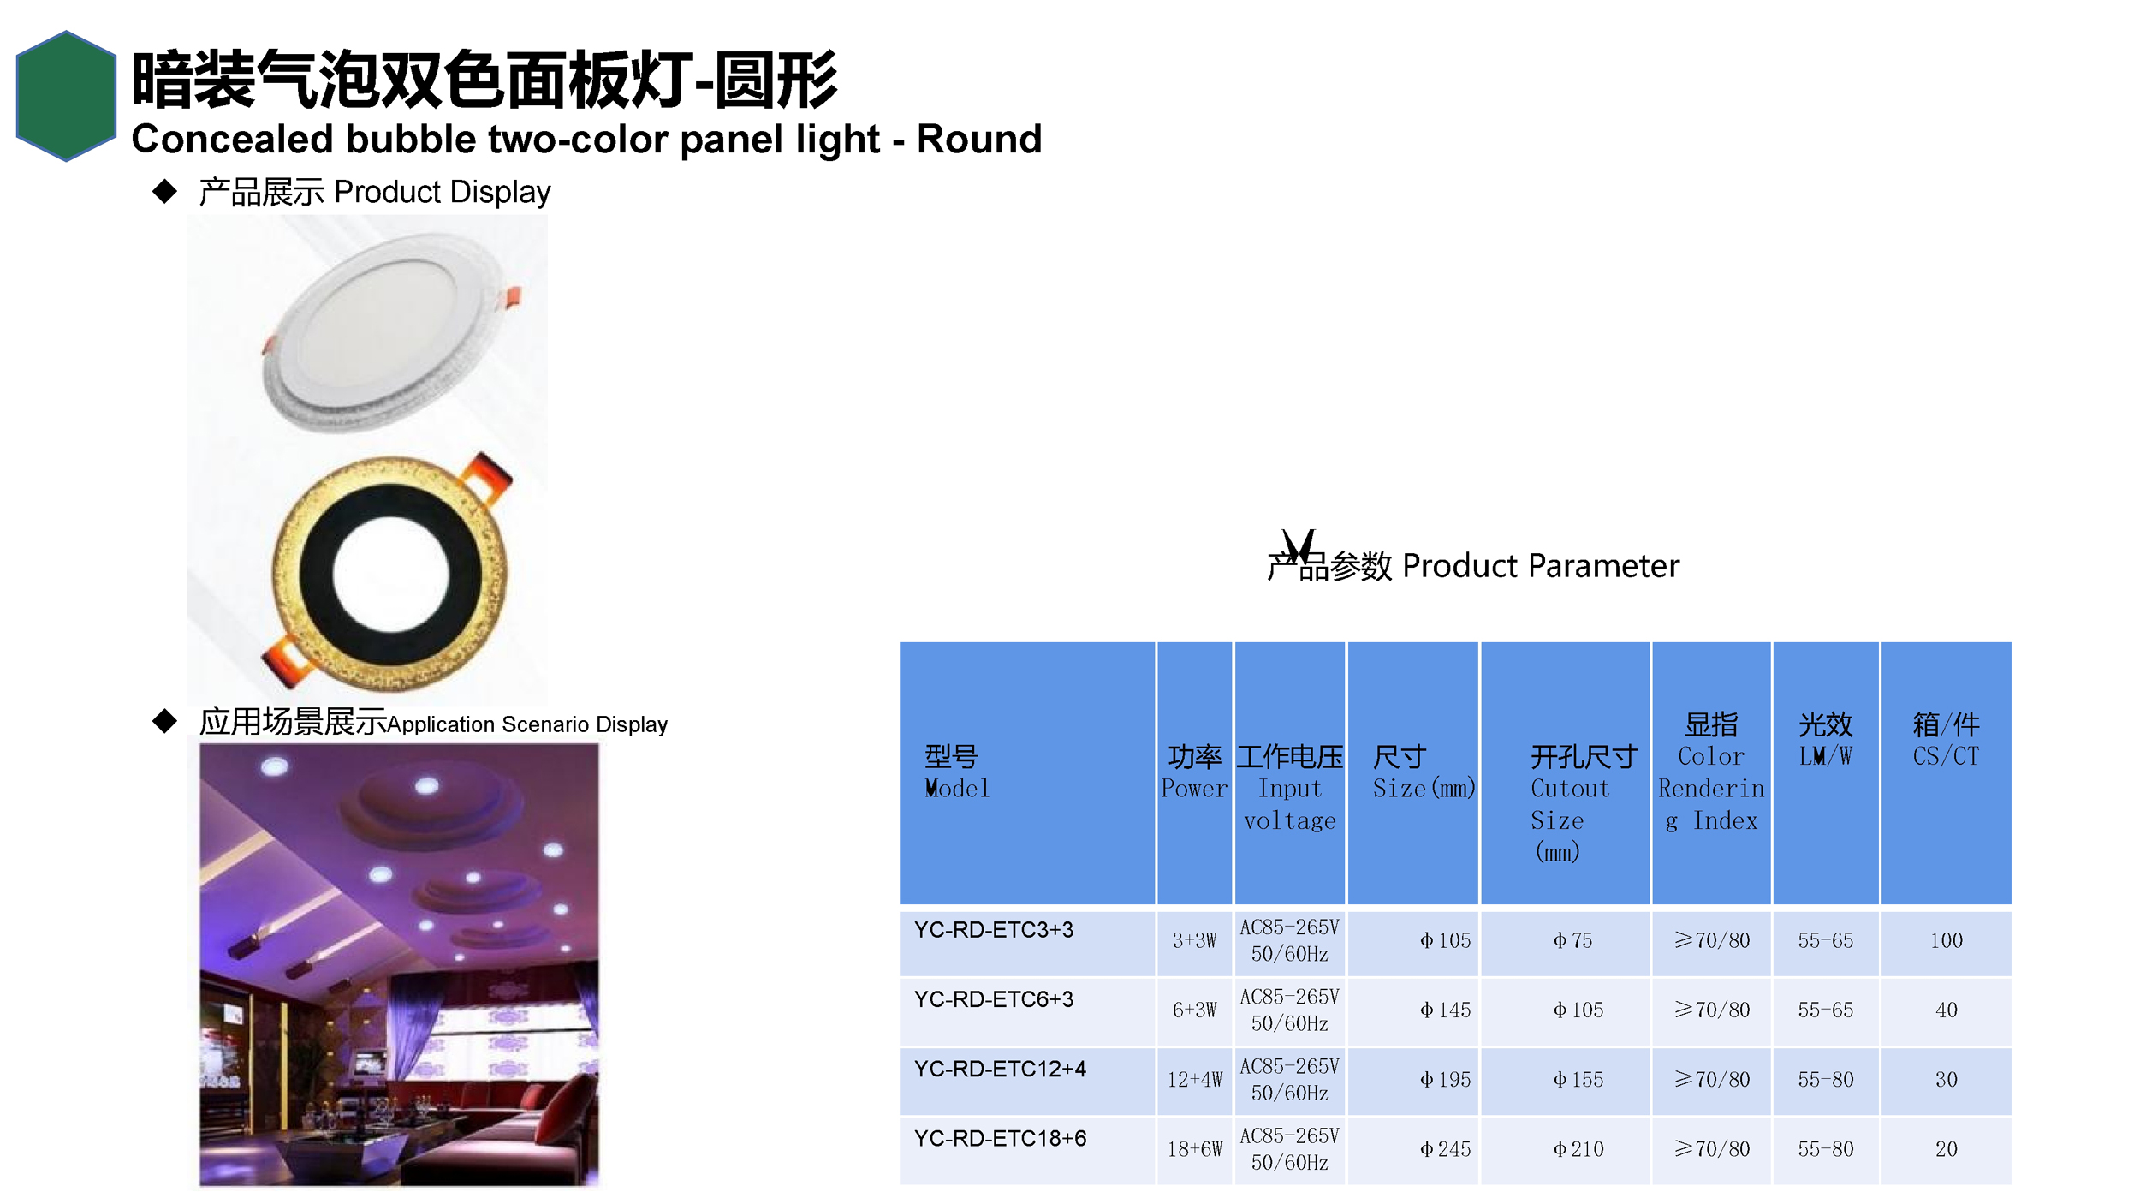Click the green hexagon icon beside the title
(66, 96)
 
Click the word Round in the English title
(979, 139)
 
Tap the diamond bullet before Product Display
(164, 191)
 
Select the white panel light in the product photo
(389, 333)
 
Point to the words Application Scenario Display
(527, 724)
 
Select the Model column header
(957, 772)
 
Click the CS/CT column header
(1946, 740)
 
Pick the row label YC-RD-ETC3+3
(993, 930)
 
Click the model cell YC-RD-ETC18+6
(1000, 1139)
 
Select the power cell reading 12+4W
(1194, 1080)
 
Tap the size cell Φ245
(1445, 1149)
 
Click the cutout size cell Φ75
(1573, 940)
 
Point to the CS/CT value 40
(1947, 1010)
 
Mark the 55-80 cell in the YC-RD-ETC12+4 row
(1825, 1080)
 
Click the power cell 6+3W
(1194, 1010)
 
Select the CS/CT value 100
(1947, 940)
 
